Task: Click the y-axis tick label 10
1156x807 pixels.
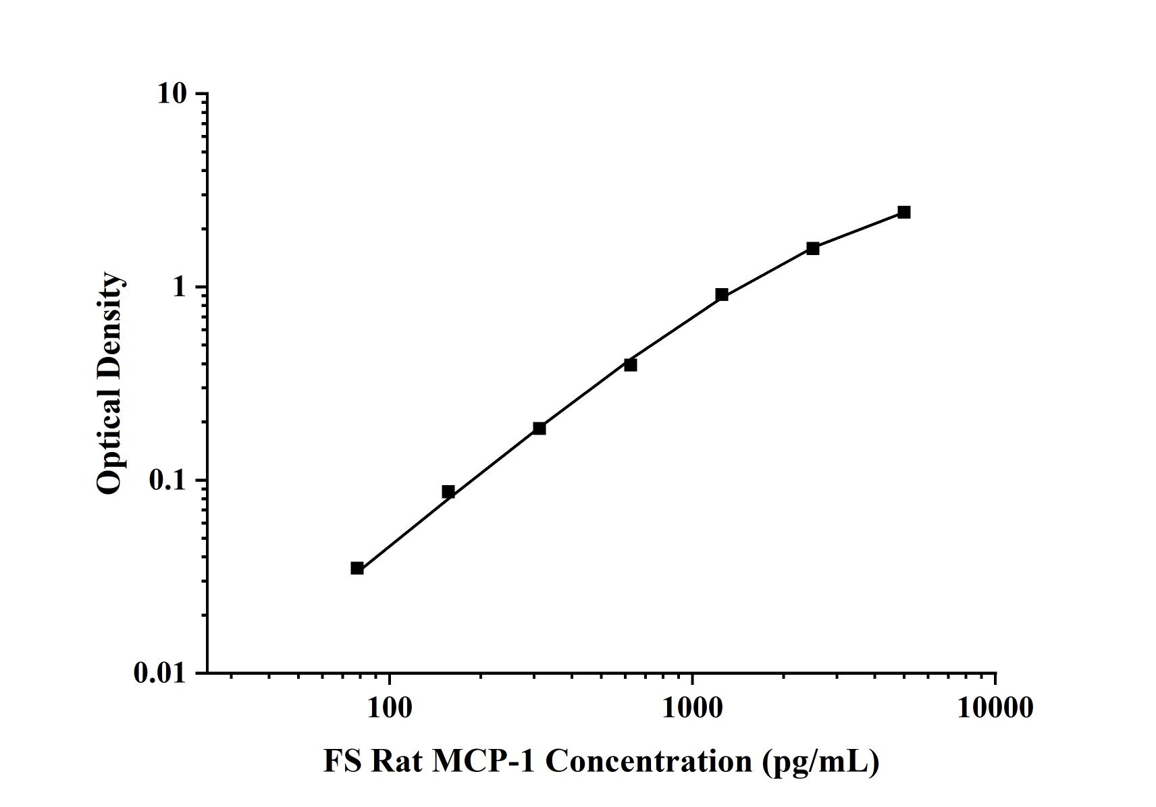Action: [x=172, y=94]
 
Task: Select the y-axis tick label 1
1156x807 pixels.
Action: [x=178, y=287]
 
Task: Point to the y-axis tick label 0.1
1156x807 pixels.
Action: [x=167, y=480]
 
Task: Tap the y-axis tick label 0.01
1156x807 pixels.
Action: [x=159, y=673]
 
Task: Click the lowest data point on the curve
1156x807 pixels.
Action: [x=357, y=568]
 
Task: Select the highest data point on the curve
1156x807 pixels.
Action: [x=903, y=213]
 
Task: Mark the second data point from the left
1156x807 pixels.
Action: [x=448, y=492]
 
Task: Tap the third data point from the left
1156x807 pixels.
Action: [x=539, y=428]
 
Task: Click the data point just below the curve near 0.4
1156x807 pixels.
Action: [x=630, y=365]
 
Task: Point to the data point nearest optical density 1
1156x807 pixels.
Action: [x=721, y=295]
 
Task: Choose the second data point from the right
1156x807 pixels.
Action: [x=812, y=249]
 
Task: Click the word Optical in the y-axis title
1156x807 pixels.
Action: [x=110, y=442]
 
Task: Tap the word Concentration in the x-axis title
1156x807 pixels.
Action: [x=648, y=762]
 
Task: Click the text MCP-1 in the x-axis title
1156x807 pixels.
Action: [x=484, y=762]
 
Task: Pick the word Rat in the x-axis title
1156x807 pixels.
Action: [x=397, y=762]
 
